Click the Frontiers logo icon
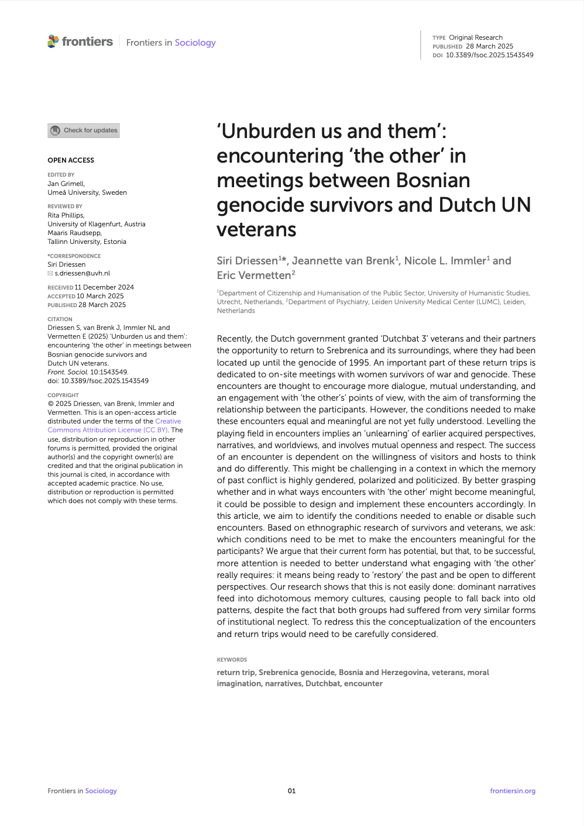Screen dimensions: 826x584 tap(53, 42)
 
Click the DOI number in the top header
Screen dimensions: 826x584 tap(489, 55)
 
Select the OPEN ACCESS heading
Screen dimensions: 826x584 tap(71, 160)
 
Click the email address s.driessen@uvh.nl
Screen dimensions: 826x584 tap(82, 273)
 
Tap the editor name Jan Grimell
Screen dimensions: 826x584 tap(66, 184)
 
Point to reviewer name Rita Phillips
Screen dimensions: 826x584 tap(66, 215)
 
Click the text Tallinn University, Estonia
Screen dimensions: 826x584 tap(87, 242)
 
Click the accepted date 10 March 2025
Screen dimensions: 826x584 tap(100, 296)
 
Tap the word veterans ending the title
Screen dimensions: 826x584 tap(256, 230)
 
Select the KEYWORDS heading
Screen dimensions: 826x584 tap(232, 660)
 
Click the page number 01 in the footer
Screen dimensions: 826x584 tap(291, 791)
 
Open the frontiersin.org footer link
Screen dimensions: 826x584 tap(513, 791)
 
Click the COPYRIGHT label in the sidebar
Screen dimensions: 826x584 tap(63, 395)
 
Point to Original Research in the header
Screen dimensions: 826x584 tap(475, 37)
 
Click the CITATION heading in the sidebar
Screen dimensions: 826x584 tap(60, 319)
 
